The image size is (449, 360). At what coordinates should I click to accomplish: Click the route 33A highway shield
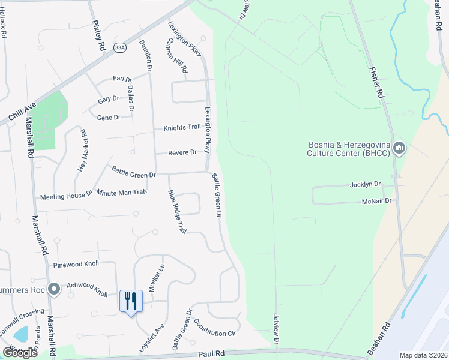[x=120, y=47]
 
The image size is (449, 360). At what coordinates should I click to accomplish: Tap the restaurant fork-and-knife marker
[x=131, y=301]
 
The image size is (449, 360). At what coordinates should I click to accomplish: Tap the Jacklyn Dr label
[x=366, y=185]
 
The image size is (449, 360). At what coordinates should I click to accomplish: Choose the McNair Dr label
[x=377, y=201]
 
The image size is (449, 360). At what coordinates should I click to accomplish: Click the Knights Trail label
[x=182, y=128]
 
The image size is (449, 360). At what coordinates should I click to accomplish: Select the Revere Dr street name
[x=182, y=152]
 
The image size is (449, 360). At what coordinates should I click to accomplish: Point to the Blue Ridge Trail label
[x=178, y=212]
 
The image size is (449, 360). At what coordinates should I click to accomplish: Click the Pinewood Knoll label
[x=76, y=264]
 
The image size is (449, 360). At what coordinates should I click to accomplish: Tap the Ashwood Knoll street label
[x=87, y=290]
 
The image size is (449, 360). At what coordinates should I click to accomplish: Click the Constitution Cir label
[x=214, y=333]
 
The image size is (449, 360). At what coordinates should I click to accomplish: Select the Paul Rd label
[x=212, y=354]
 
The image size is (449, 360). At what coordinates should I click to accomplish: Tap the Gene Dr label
[x=109, y=118]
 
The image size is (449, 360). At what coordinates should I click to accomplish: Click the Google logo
[x=20, y=353]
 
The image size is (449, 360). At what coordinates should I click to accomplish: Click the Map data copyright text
[x=423, y=355]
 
